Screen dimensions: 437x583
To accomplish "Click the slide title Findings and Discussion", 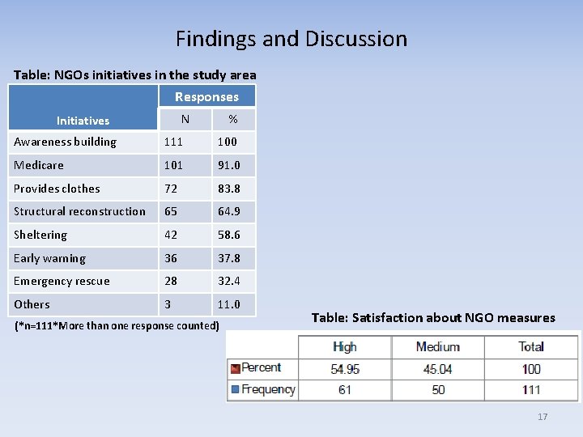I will (291, 38).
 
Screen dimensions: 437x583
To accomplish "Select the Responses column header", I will (206, 96).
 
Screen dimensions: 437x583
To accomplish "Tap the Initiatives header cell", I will (83, 121).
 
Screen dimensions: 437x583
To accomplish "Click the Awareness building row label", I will (65, 142).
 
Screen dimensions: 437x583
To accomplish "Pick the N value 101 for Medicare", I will (173, 165).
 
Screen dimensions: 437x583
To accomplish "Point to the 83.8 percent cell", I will (228, 189).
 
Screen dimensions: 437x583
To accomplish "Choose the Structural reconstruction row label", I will (79, 211).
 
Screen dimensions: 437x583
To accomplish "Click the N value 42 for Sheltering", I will (171, 235).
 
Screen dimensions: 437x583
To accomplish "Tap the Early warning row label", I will (49, 258).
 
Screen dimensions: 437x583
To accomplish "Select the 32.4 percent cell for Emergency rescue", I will (228, 281).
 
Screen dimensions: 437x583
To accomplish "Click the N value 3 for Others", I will (168, 304).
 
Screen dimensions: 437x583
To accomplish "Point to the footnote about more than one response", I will (117, 326).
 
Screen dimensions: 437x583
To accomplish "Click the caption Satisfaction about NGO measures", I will (433, 317).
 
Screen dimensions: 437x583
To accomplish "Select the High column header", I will (345, 346).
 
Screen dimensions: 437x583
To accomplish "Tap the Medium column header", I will (437, 346).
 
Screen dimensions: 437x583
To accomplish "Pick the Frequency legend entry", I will (262, 389).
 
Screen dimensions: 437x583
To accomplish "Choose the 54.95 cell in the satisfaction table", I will (345, 368).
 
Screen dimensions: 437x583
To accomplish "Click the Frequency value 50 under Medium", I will (437, 390).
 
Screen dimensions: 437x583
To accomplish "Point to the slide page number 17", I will (543, 417).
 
